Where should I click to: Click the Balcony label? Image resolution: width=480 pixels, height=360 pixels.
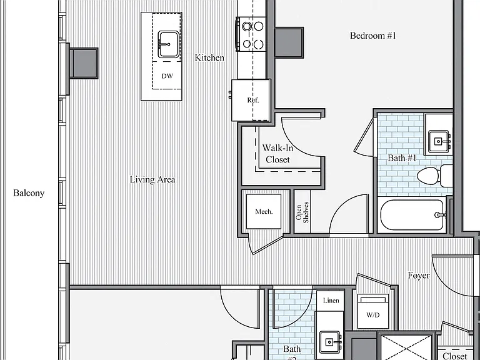tap(29, 193)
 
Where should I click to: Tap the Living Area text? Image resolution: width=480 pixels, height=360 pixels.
tap(152, 179)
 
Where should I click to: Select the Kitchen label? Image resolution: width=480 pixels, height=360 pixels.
tap(210, 57)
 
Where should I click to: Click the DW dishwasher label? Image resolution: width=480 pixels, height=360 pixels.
tap(167, 76)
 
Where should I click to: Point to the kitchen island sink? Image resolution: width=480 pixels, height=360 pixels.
tap(167, 45)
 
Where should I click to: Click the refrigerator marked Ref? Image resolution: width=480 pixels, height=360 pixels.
tap(251, 100)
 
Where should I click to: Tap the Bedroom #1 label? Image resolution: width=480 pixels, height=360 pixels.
tap(373, 36)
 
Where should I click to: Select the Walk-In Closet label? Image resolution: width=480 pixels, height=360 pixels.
tap(277, 154)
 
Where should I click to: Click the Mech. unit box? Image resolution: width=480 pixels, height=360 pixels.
tap(264, 211)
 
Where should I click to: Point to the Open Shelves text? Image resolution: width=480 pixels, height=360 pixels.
tap(302, 212)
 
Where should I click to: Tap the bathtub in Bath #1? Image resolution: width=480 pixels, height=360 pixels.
tap(412, 215)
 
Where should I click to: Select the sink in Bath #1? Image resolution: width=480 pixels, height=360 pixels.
tap(439, 141)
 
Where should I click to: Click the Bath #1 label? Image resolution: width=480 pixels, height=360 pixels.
tap(402, 158)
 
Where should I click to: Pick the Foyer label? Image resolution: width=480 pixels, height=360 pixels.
tap(419, 276)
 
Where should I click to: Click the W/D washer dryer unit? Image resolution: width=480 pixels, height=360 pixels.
tap(373, 312)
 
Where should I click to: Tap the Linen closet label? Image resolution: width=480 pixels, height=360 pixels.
tap(331, 301)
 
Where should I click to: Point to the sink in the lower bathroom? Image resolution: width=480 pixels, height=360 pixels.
tap(330, 341)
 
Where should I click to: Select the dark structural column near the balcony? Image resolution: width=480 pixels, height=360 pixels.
tap(84, 63)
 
